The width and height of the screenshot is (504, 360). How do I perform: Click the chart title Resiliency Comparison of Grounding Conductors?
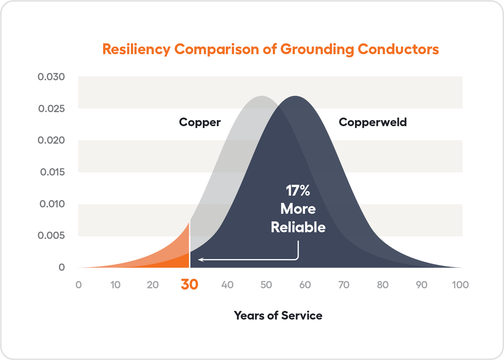click(x=271, y=49)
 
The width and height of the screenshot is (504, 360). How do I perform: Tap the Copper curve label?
click(x=200, y=122)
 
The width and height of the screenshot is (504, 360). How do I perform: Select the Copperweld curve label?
click(x=373, y=122)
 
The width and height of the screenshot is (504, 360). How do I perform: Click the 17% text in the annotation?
click(x=298, y=191)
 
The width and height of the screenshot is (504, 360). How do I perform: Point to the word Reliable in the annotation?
click(x=298, y=227)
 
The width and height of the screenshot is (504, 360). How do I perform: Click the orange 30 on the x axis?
click(x=189, y=284)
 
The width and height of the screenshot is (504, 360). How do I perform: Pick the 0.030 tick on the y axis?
click(x=51, y=77)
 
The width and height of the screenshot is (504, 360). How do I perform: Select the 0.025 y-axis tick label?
click(x=51, y=109)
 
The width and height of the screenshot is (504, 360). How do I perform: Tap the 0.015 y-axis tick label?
click(x=52, y=172)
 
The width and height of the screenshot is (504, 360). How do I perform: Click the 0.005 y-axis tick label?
click(x=51, y=235)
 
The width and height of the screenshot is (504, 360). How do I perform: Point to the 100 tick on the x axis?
click(x=460, y=285)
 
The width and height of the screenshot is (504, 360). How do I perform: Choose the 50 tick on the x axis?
click(x=266, y=285)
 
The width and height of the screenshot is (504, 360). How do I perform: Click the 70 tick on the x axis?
click(x=344, y=285)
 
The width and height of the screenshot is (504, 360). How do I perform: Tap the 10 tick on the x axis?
click(x=115, y=285)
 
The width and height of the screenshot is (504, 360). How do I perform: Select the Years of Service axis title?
click(x=278, y=316)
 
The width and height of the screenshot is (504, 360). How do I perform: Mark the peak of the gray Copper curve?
click(x=261, y=97)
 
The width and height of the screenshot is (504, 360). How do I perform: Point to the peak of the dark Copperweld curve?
click(x=295, y=97)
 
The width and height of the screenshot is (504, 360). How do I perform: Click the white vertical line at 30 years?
click(x=190, y=244)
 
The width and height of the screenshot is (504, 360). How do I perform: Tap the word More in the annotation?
click(x=298, y=209)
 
